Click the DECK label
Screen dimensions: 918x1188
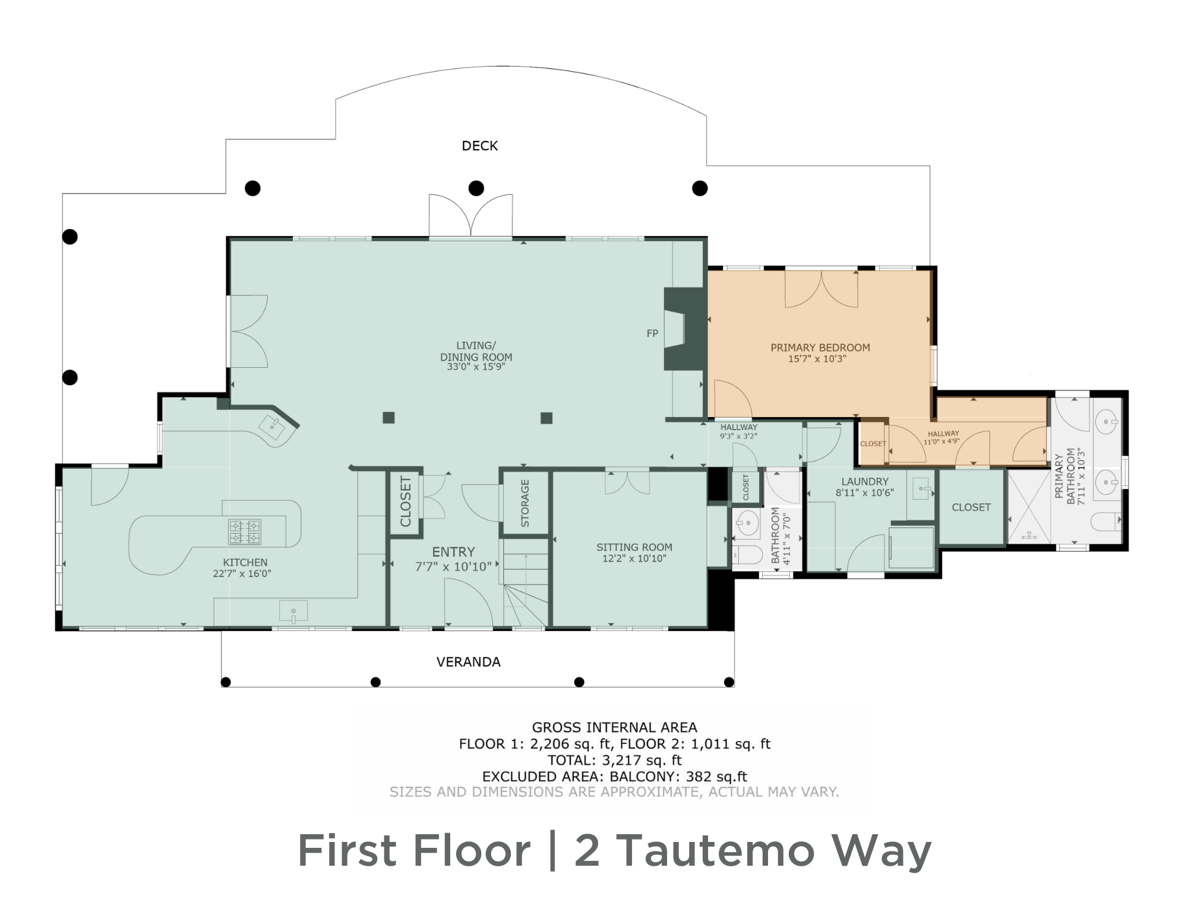pyautogui.click(x=480, y=146)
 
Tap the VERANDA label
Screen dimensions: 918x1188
pyautogui.click(x=468, y=662)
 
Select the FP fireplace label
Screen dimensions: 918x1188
pyautogui.click(x=652, y=334)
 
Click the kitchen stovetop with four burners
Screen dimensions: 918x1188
pyautogui.click(x=245, y=532)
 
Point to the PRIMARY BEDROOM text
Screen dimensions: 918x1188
pyautogui.click(x=820, y=348)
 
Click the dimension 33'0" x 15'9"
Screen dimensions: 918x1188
pyautogui.click(x=476, y=367)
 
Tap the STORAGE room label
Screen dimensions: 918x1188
pyautogui.click(x=525, y=503)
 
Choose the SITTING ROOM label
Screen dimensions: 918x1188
pyautogui.click(x=634, y=547)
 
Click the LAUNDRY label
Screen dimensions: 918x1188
pyautogui.click(x=865, y=482)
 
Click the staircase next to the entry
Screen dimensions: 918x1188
pyautogui.click(x=526, y=588)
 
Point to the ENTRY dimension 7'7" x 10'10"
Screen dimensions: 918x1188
pyautogui.click(x=453, y=567)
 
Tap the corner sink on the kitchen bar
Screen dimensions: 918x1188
pyautogui.click(x=274, y=426)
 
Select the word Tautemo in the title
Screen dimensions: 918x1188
pyautogui.click(x=715, y=850)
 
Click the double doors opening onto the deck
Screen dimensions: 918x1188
pyautogui.click(x=470, y=215)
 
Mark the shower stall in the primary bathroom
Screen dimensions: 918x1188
pyautogui.click(x=1029, y=506)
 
